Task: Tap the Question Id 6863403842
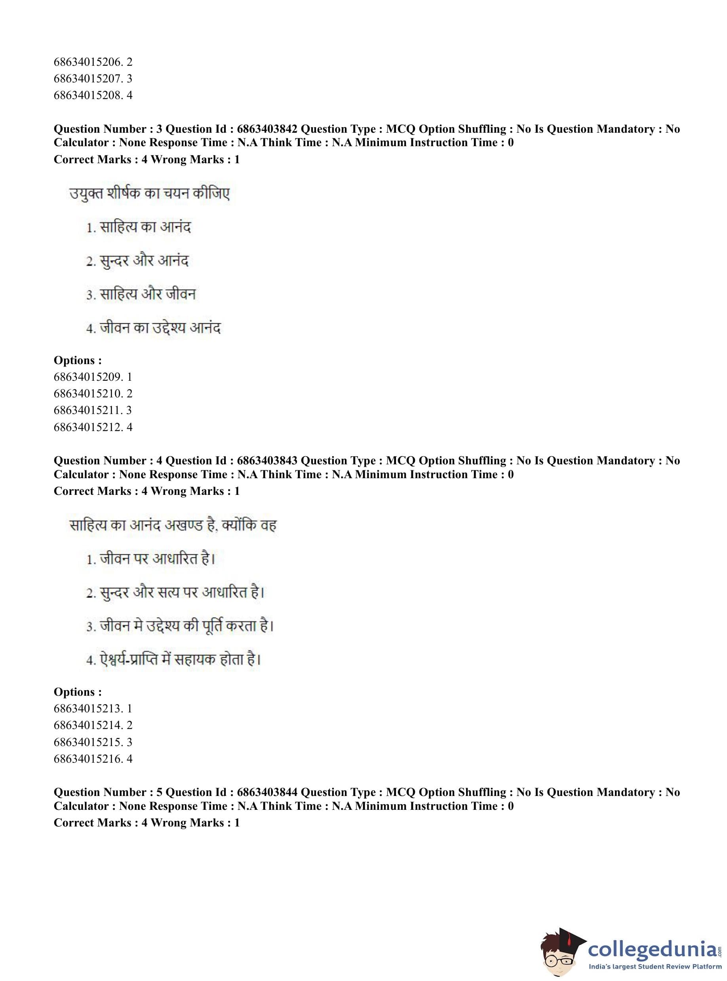point(266,129)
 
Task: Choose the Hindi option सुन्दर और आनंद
point(137,261)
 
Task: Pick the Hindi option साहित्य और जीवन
point(141,294)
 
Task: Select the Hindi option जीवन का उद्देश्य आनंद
point(153,328)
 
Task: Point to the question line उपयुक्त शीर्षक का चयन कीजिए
point(150,194)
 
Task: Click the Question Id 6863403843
point(266,460)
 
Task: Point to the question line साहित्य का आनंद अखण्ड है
point(173,525)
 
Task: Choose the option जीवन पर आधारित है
point(150,559)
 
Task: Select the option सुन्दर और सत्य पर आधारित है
point(175,593)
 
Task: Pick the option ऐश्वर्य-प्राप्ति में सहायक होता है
point(174,660)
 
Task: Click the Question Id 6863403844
point(266,792)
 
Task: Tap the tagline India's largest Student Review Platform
point(655,967)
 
